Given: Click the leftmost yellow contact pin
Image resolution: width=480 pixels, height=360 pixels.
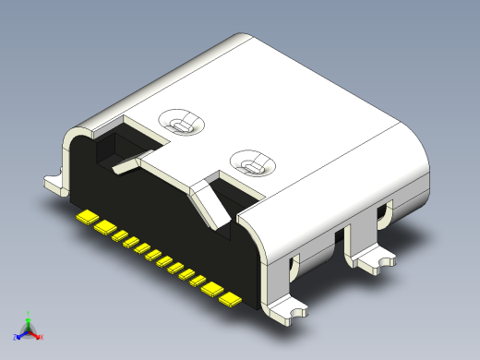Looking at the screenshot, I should pos(85,218).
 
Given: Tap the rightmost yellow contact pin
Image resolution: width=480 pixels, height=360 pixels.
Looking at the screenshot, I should pos(230,299).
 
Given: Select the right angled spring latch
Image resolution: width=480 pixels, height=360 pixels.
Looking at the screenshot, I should pos(210,205).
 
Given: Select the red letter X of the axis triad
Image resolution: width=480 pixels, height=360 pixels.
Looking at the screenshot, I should pos(42,337).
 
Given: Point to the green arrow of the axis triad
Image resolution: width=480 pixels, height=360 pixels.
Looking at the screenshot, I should pos(30,322).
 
